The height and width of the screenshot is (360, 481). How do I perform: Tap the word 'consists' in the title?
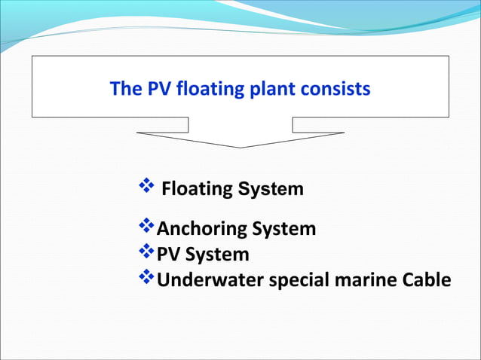coord(336,90)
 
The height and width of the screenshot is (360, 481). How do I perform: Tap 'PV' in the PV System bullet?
coord(168,255)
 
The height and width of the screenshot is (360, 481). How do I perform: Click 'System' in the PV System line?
coord(217,255)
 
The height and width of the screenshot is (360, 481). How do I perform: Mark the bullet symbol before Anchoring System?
coord(146,226)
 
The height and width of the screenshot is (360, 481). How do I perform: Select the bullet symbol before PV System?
coord(146,252)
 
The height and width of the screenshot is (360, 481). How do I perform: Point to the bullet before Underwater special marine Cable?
coord(146,277)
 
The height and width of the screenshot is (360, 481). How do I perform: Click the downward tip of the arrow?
coord(240,146)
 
